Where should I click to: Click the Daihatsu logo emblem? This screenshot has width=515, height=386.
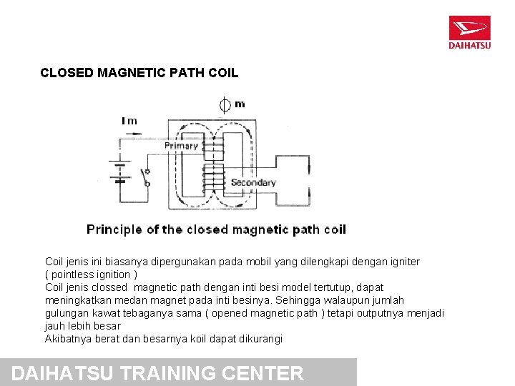pyautogui.click(x=469, y=28)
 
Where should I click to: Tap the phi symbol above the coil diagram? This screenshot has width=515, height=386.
pyautogui.click(x=225, y=105)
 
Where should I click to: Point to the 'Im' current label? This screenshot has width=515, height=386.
pyautogui.click(x=129, y=121)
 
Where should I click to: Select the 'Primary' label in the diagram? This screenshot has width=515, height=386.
pyautogui.click(x=181, y=146)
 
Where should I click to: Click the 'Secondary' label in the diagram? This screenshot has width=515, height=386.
pyautogui.click(x=253, y=183)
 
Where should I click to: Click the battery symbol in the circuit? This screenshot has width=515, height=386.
pyautogui.click(x=120, y=172)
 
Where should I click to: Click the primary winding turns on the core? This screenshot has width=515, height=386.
pyautogui.click(x=213, y=147)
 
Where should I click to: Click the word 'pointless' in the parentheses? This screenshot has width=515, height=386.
pyautogui.click(x=74, y=274)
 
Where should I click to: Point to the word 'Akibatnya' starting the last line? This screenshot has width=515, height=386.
pyautogui.click(x=68, y=339)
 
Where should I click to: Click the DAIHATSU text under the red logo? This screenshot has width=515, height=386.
pyautogui.click(x=469, y=46)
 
